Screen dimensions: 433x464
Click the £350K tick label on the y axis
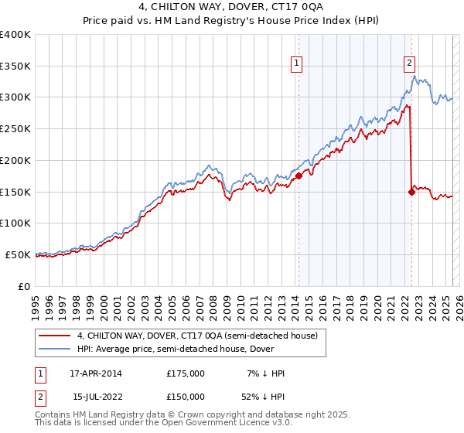point(15,66)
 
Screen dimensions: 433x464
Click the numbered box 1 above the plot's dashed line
point(297,64)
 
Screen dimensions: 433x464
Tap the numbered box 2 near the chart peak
point(409,64)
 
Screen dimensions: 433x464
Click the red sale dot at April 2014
point(299,176)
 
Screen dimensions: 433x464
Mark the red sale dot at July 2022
point(411,193)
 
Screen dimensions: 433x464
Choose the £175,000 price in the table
point(186,373)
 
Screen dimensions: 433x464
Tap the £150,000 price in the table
point(186,397)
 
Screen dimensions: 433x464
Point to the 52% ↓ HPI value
point(264,397)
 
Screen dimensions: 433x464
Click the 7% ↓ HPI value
point(265,373)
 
